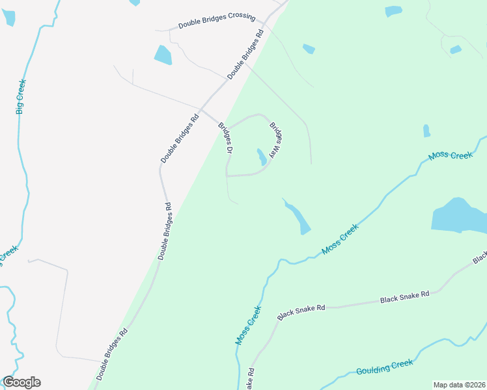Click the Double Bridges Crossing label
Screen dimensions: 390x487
(216, 19)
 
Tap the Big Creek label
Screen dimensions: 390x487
(20, 96)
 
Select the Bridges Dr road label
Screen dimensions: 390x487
(225, 138)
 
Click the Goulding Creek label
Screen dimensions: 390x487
(384, 367)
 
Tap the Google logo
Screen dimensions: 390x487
(21, 382)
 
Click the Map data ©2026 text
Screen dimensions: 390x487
(459, 385)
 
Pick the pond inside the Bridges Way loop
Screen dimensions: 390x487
(260, 157)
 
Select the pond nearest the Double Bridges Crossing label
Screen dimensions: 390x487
(163, 55)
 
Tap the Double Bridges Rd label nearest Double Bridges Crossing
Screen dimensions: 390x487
(245, 55)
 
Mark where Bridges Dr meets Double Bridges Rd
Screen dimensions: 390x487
(202, 109)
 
